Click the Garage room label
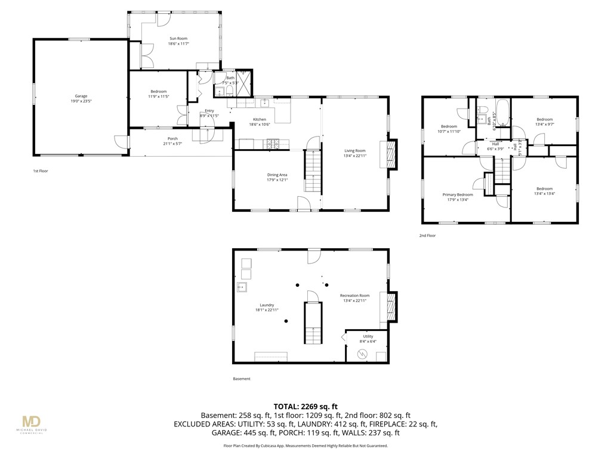pos(81,96)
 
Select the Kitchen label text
pos(259,119)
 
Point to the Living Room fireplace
pos(392,154)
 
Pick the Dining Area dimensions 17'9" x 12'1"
pos(277,180)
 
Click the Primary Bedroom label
pos(458,194)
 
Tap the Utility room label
pos(368,336)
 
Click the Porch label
pos(172,138)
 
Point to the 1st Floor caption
pos(41,171)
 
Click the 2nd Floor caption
pos(427,236)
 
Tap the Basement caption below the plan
pos(242,379)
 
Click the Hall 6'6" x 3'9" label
pos(495,147)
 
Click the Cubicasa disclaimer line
pos(305,445)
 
